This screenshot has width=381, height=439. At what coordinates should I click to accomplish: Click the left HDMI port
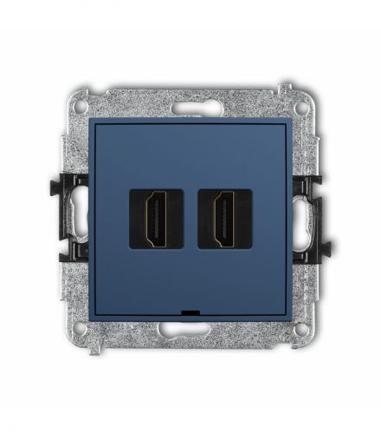[158, 218]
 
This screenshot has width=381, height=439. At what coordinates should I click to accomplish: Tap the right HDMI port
[224, 218]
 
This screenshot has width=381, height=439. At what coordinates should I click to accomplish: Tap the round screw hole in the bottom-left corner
[80, 330]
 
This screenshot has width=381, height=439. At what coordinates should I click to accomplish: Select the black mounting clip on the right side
[310, 219]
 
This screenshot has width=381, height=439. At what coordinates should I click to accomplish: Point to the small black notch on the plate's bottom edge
[190, 311]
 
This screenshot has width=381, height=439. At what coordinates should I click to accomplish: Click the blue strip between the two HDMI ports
[190, 218]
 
